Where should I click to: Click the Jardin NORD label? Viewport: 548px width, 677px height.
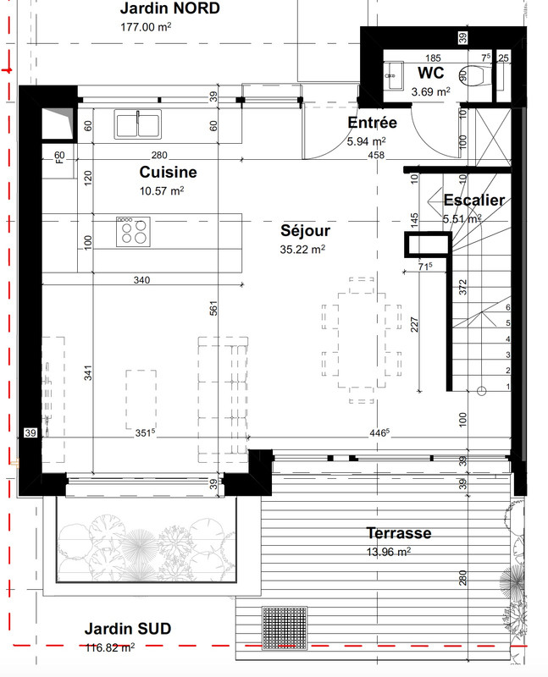coord(170,8)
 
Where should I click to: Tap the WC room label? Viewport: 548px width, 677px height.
coord(430,73)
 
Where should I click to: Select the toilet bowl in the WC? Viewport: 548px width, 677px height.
coord(472,76)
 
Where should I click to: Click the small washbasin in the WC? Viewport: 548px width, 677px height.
coord(394,75)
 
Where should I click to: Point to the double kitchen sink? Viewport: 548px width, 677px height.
coord(138,124)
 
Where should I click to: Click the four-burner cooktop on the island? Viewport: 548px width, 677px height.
coord(133,232)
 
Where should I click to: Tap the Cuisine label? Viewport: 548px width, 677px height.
coord(168,172)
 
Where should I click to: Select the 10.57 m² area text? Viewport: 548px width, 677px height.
coord(162,190)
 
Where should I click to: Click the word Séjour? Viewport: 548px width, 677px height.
coord(305,230)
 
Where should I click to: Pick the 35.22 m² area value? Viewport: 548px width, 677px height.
coord(302,249)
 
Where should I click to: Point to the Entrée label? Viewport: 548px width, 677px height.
coord(372,123)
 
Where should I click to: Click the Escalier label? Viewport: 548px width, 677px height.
coord(474,200)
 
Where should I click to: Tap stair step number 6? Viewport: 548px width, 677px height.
coord(508,307)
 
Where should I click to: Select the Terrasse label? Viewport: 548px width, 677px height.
coord(399,533)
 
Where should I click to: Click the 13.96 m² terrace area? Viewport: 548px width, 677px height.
coord(389,552)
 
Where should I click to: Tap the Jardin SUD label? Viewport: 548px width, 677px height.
coord(128,629)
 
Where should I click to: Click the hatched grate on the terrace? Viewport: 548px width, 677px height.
coord(285,628)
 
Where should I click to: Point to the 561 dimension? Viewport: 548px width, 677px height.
coord(213,308)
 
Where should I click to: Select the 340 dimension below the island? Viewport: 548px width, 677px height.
coord(141,280)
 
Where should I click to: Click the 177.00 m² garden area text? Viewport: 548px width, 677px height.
coord(146,27)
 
